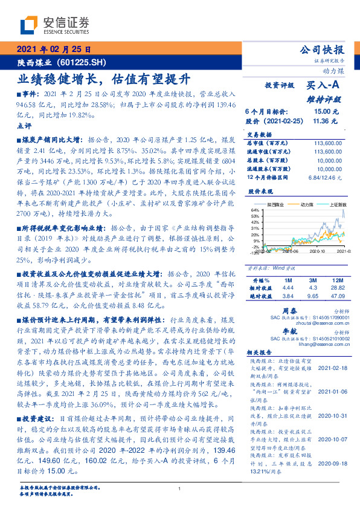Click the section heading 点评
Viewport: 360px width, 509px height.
[24, 125]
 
